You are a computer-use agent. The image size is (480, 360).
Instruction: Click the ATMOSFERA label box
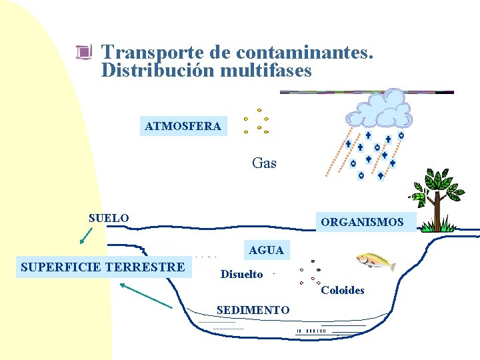[183, 125]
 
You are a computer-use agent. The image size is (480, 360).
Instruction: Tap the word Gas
[264, 163]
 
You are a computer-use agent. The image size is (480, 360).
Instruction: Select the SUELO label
[109, 218]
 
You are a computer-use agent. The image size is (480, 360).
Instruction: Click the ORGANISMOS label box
[362, 222]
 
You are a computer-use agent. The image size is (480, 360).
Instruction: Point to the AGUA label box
[266, 250]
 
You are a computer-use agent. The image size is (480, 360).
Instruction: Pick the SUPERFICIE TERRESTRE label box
[103, 267]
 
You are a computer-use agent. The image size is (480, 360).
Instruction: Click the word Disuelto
[241, 274]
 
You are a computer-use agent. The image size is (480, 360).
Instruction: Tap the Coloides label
[343, 290]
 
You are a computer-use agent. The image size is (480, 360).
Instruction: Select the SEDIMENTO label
[253, 310]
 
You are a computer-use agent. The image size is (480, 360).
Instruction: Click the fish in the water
[375, 261]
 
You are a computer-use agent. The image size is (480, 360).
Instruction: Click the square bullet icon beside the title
[83, 53]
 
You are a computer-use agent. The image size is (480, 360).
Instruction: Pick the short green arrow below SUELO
[85, 235]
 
